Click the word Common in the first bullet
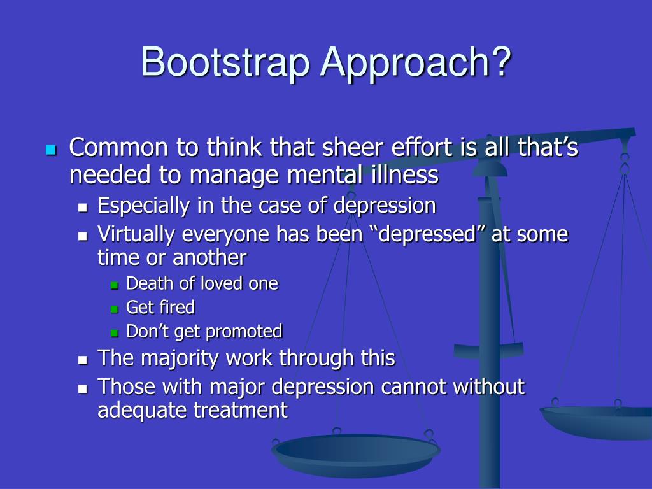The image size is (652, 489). [x=119, y=148]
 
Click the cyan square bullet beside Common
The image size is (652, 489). [x=51, y=150]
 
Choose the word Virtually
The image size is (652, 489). [x=137, y=234]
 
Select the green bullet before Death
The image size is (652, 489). [x=115, y=285]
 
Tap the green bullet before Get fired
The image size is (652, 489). [x=115, y=309]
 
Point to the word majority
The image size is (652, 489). [x=180, y=358]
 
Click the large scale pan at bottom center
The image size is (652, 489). [x=355, y=453]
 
